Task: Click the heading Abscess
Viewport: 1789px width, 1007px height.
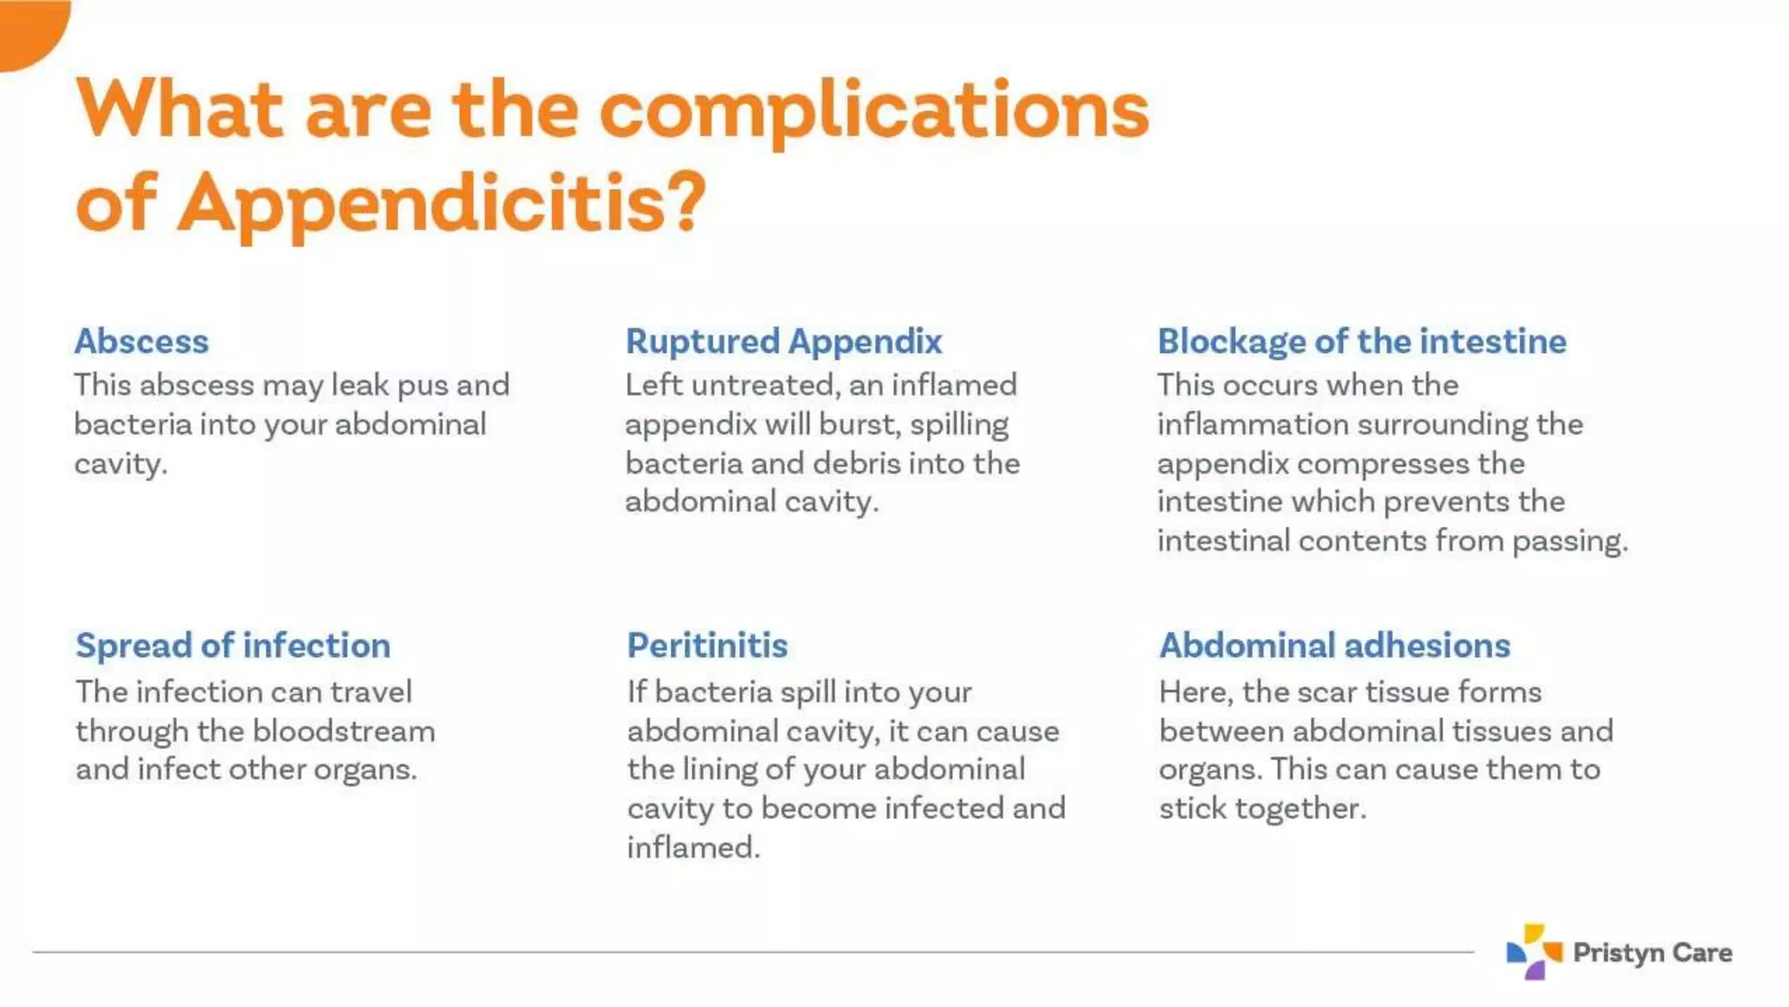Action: (142, 341)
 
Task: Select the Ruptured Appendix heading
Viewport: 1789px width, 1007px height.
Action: (784, 341)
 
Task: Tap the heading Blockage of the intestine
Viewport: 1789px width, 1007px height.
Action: (1361, 341)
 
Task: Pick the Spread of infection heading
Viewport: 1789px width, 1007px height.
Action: (232, 645)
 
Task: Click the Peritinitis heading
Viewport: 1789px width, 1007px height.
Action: (707, 645)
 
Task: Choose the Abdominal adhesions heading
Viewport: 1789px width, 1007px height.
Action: (1334, 645)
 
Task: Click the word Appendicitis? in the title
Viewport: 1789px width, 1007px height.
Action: (441, 203)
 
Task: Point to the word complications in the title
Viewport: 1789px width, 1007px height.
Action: (874, 112)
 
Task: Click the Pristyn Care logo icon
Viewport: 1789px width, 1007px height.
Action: (1533, 951)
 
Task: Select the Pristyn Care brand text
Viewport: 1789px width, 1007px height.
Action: (1652, 952)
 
